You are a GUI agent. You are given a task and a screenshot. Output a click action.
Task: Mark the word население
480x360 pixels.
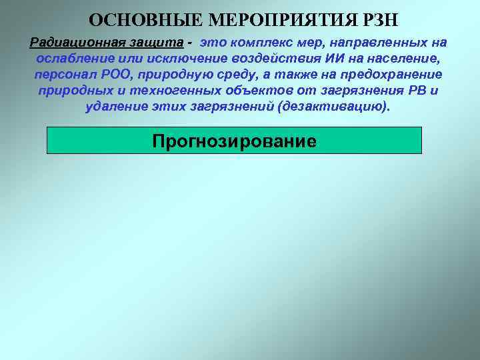[399, 59]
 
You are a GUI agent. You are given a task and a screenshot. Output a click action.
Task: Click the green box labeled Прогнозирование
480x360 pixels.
[234, 141]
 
